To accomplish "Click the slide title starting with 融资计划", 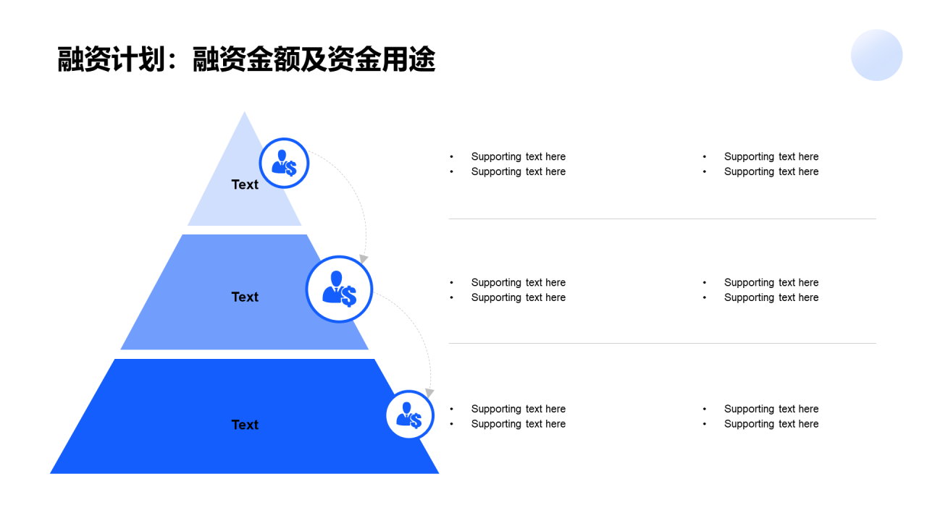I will tap(246, 60).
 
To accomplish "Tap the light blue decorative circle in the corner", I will tap(876, 55).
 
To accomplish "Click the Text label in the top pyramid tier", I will tap(245, 185).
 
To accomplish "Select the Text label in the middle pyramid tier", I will tap(245, 297).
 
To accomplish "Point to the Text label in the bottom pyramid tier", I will tap(245, 425).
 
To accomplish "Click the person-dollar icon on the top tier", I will tap(284, 163).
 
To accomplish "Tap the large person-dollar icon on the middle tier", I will tap(339, 289).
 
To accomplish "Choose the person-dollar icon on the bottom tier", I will tap(409, 415).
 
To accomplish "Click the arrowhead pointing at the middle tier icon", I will tap(364, 258).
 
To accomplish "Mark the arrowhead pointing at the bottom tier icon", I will tap(429, 392).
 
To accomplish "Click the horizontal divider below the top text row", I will tap(662, 219).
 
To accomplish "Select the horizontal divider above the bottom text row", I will tap(662, 343).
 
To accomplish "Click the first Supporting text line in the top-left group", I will tap(518, 156).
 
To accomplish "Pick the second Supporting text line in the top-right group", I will tap(771, 171).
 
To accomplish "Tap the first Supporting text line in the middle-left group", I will tap(518, 282).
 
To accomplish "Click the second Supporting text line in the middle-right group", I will tap(771, 297).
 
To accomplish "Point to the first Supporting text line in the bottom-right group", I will tap(771, 409).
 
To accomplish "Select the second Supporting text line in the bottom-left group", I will tap(518, 424).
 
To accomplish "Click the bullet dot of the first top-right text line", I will tap(704, 156).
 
